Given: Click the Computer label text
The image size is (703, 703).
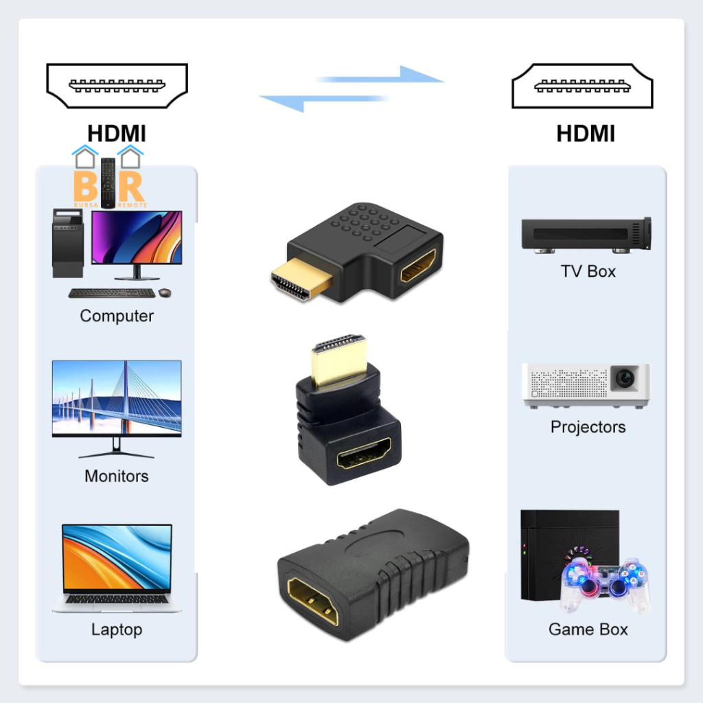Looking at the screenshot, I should [x=117, y=316].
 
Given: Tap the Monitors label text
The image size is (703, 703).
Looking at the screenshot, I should [x=117, y=476].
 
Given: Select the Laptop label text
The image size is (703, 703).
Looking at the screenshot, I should [x=117, y=629].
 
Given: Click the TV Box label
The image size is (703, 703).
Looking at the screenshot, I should [x=588, y=271].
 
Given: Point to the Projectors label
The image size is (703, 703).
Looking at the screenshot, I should [x=588, y=427].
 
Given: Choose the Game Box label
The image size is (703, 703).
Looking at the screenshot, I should [x=588, y=629].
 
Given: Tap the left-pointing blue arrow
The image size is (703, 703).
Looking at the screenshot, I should [x=323, y=102].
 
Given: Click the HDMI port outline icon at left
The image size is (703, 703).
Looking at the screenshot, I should [x=117, y=86].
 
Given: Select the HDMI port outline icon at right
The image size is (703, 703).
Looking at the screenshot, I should [x=582, y=86].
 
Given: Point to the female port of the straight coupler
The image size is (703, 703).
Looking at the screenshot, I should [x=313, y=601].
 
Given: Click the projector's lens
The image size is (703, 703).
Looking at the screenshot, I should [x=624, y=378].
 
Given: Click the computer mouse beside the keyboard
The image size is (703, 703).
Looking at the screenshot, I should [x=165, y=293].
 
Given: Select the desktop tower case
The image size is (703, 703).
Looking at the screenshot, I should [x=68, y=243].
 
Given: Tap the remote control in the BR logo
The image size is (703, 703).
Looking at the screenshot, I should [x=108, y=182].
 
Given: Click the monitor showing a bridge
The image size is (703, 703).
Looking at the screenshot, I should [x=117, y=405].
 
